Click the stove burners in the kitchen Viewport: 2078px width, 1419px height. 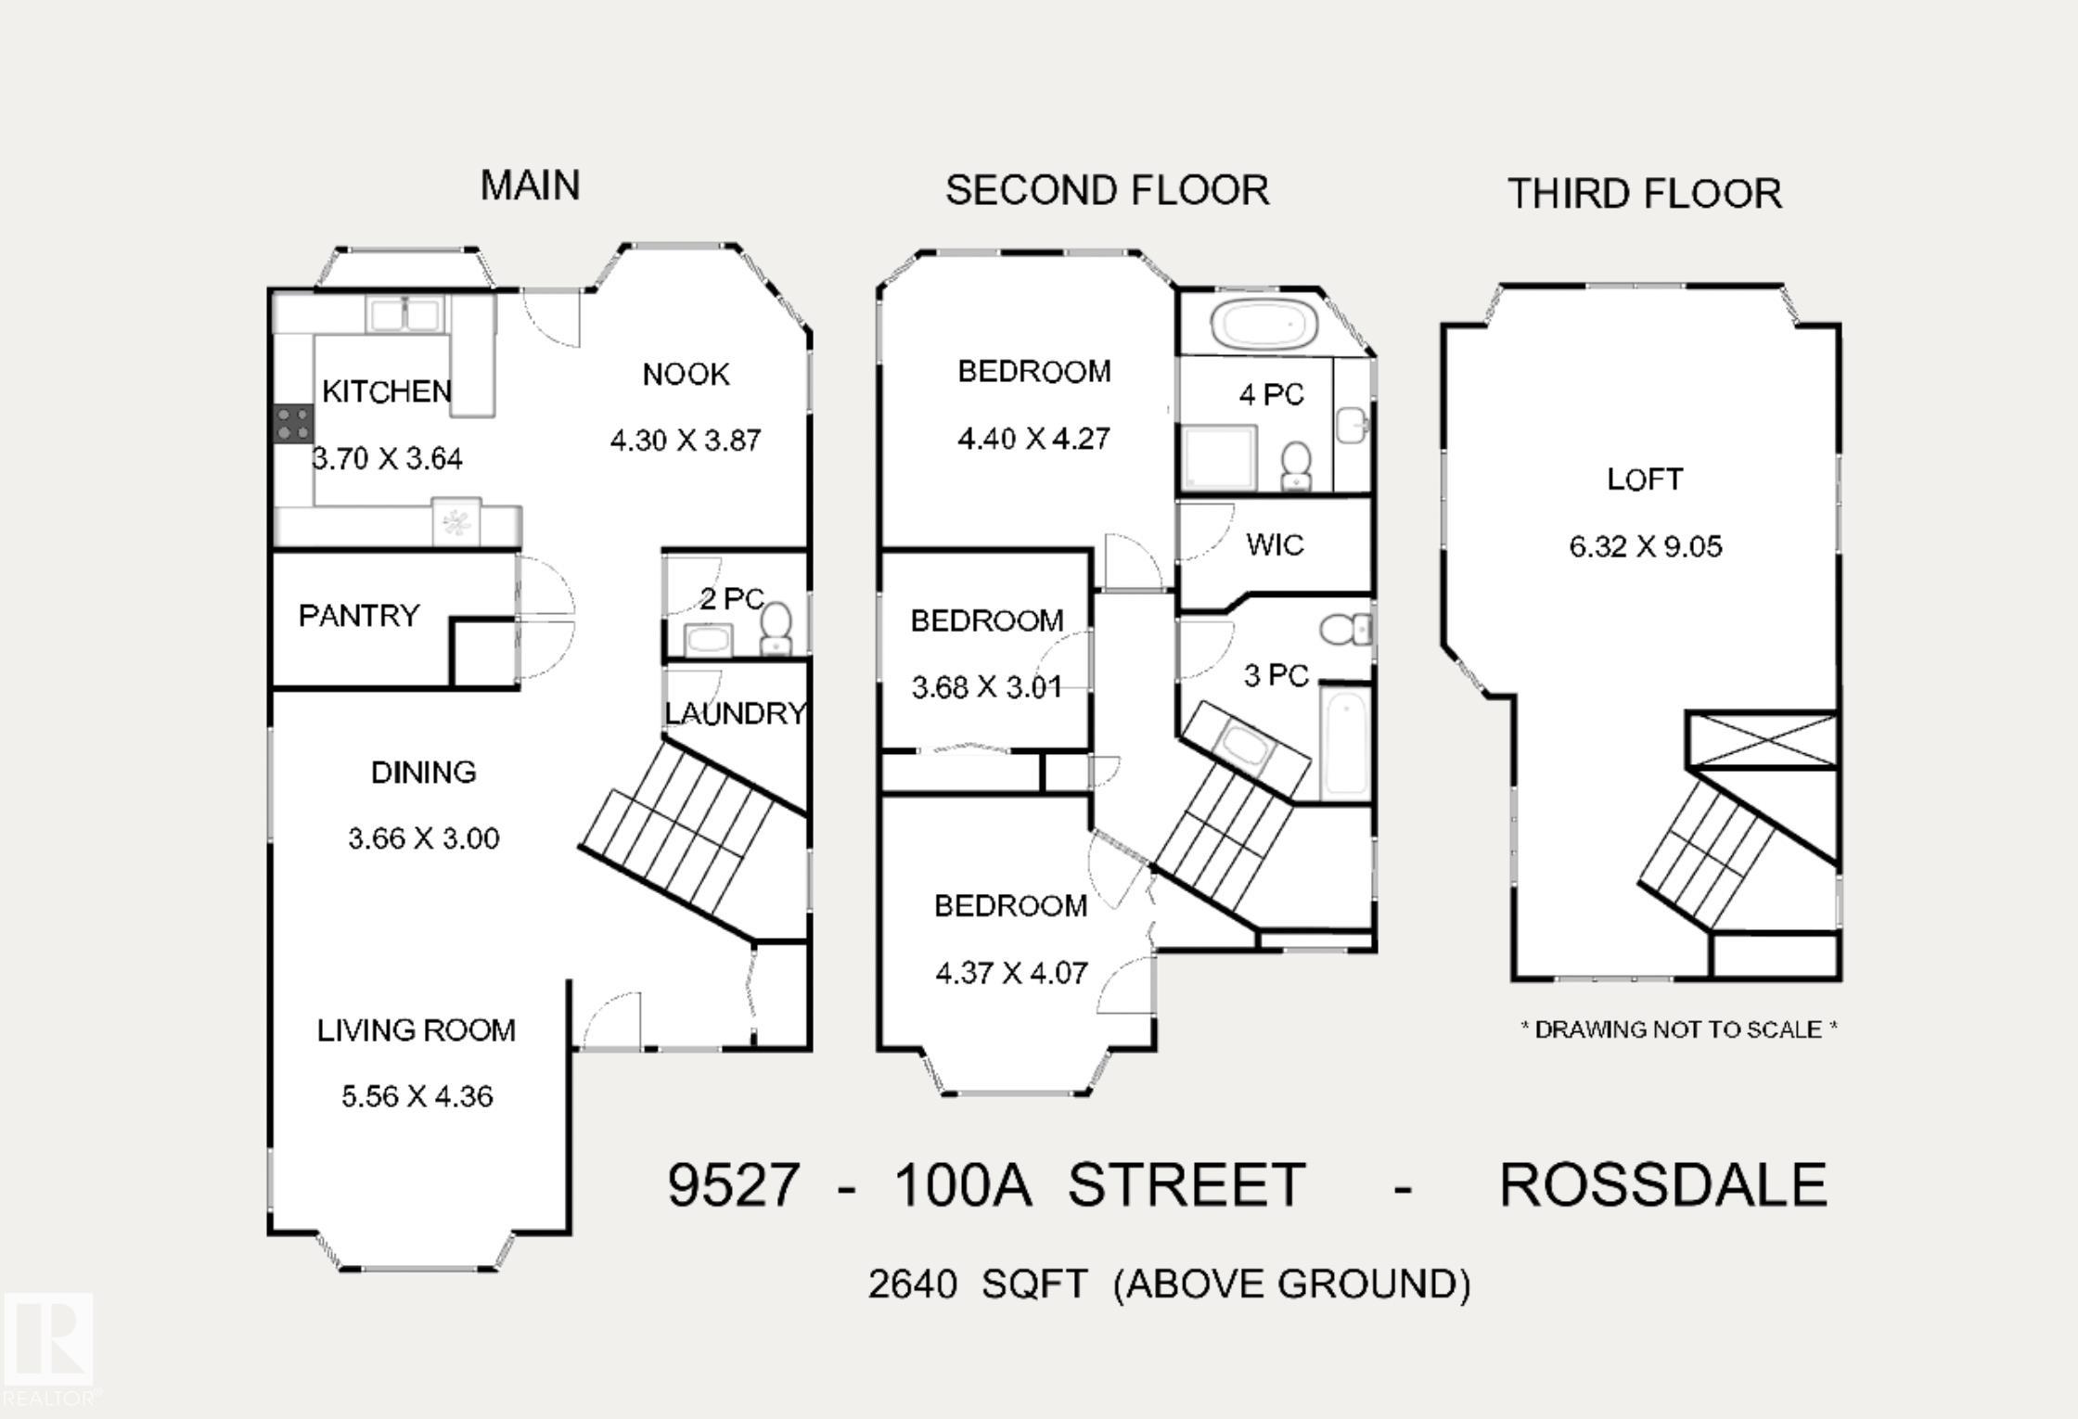293,424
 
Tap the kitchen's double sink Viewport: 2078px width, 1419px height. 404,314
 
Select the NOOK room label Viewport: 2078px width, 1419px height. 686,375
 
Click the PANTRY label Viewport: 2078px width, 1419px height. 359,615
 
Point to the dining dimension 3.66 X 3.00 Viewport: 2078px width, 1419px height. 424,838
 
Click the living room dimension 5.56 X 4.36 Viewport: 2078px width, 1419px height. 417,1096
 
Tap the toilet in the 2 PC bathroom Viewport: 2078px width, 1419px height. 776,628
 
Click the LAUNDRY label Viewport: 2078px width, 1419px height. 736,713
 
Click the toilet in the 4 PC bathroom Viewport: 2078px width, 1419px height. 1296,465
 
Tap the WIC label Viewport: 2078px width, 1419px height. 1275,544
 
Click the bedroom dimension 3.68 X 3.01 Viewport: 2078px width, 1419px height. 987,687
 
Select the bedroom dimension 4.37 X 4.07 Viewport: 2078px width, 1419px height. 1011,973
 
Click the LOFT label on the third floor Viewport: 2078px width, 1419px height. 1645,479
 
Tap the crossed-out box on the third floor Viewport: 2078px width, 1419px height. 1762,740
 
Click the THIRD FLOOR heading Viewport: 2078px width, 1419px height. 1645,194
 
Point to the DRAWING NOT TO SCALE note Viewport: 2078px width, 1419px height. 1679,1029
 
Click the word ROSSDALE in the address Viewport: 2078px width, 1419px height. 1663,1184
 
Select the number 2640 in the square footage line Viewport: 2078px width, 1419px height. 913,1285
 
